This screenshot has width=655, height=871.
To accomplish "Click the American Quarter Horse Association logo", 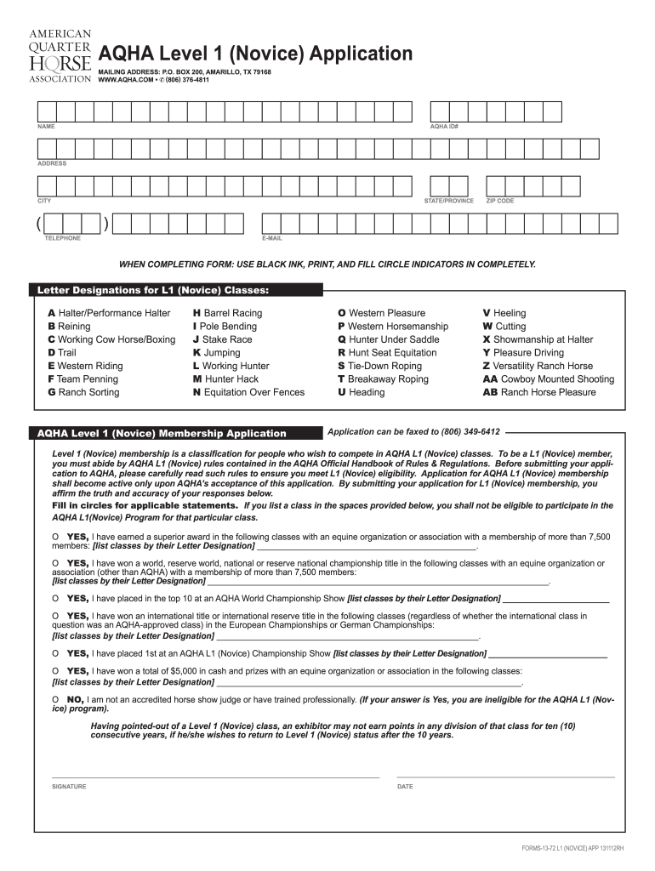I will tap(60, 54).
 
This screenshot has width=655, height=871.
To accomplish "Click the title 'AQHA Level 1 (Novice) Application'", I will tap(256, 54).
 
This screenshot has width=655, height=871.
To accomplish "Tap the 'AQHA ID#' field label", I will tap(444, 127).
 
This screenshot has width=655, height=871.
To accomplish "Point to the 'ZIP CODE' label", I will tap(499, 201).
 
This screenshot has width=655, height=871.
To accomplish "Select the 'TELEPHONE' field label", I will tap(62, 238).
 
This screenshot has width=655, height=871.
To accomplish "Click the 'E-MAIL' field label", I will tap(272, 238).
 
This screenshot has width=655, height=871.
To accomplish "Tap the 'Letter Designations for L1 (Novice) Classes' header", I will tap(153, 291).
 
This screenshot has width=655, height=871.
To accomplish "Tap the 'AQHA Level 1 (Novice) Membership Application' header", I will tap(162, 433).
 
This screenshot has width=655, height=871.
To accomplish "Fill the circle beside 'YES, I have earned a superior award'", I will tap(55, 538).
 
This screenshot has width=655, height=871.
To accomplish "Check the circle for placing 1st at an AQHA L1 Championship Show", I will tap(55, 653).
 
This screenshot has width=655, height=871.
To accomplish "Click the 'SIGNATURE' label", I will tap(69, 787).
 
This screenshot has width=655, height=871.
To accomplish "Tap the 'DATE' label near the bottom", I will tap(405, 787).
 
